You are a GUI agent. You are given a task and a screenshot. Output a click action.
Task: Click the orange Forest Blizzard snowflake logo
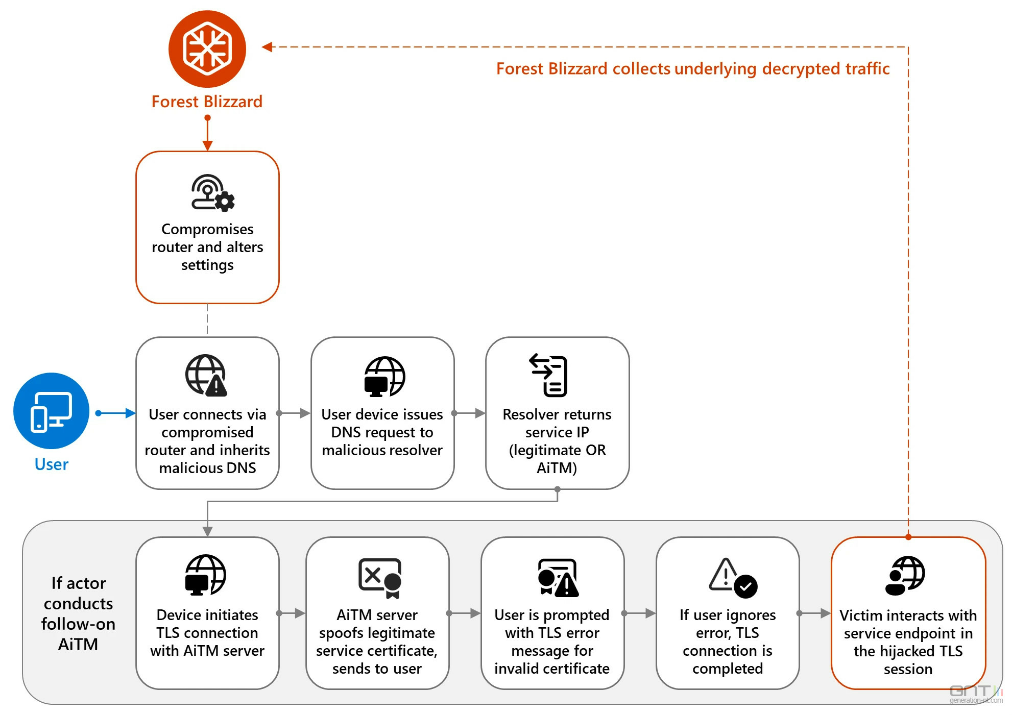tap(207, 49)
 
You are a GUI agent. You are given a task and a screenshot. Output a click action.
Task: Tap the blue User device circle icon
tap(51, 411)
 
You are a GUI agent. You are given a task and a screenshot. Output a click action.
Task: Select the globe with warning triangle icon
tap(206, 376)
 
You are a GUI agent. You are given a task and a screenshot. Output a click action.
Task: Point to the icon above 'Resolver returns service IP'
tap(549, 376)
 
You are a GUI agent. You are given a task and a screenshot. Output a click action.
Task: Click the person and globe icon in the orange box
tap(905, 576)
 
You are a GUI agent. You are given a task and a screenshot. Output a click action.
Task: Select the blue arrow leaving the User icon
tap(116, 413)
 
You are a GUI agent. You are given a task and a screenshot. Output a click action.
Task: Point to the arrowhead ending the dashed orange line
tap(267, 47)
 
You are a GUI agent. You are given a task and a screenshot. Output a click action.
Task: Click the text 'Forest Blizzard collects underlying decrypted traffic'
tap(693, 68)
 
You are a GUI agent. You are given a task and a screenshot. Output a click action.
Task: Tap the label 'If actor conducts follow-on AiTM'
tap(78, 613)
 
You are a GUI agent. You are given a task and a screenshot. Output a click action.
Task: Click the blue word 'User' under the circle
tap(51, 464)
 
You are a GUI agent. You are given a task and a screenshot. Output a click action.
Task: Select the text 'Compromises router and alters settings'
tap(207, 247)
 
